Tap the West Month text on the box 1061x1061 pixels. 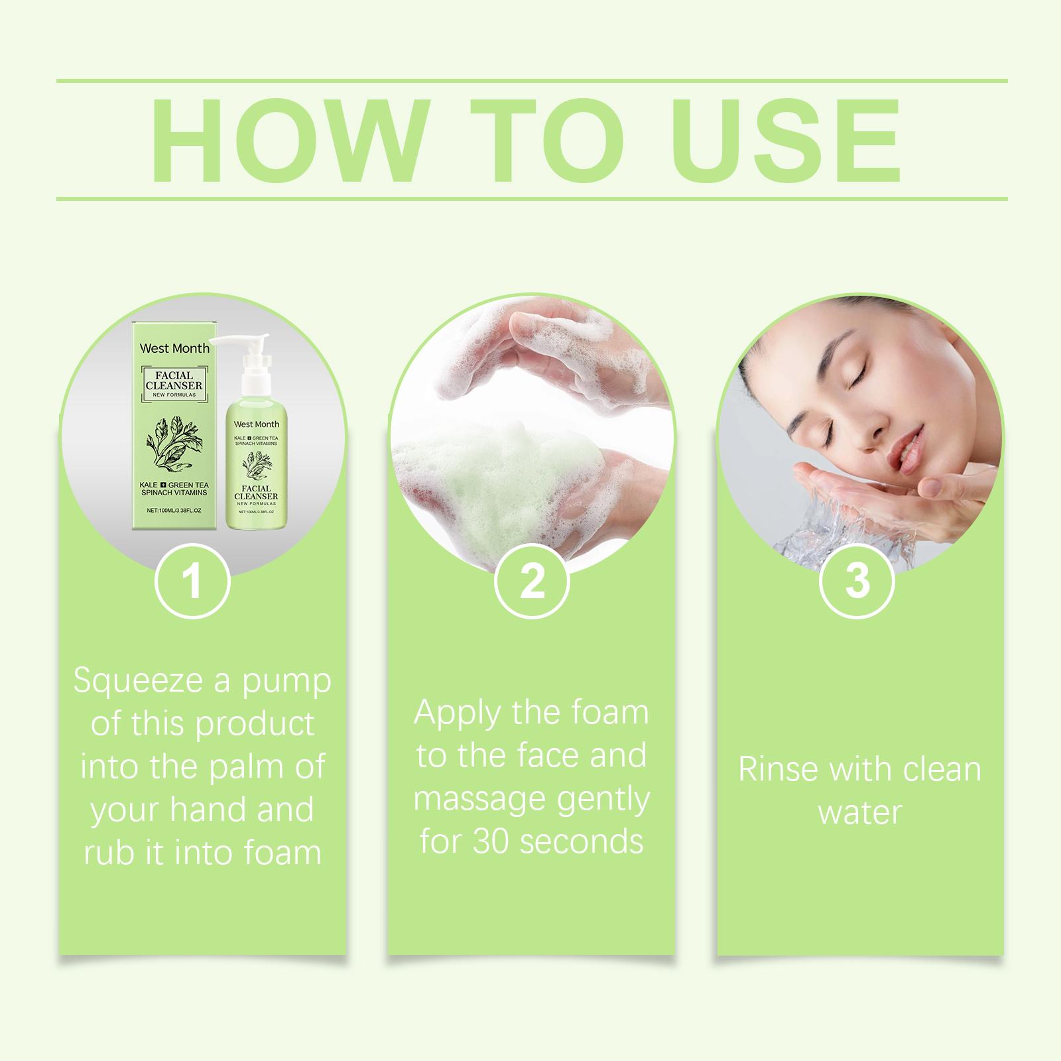174,348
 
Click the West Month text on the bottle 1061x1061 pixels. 257,424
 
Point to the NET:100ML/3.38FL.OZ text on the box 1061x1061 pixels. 174,511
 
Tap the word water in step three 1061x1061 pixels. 860,813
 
